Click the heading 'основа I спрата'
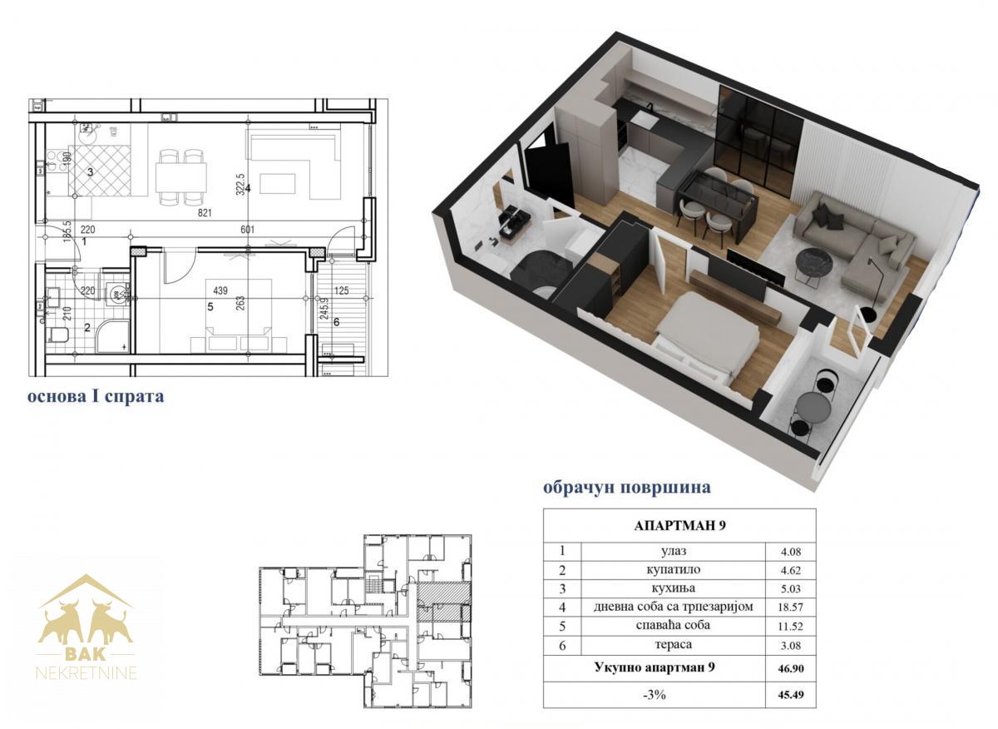point(96,396)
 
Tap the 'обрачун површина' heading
point(627,488)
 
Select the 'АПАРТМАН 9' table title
point(679,526)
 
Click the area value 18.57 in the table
point(790,607)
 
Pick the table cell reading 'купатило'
point(673,570)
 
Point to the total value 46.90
point(791,669)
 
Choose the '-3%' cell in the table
point(654,695)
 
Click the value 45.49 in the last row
point(791,695)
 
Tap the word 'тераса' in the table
point(673,645)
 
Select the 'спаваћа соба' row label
point(673,626)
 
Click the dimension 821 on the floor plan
point(205,213)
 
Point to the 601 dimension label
point(247,230)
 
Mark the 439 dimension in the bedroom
point(220,290)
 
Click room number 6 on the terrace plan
point(336,322)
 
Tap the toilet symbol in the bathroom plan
point(58,334)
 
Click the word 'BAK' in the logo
point(85,653)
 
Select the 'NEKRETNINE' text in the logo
point(86,673)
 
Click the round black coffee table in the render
point(815,261)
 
